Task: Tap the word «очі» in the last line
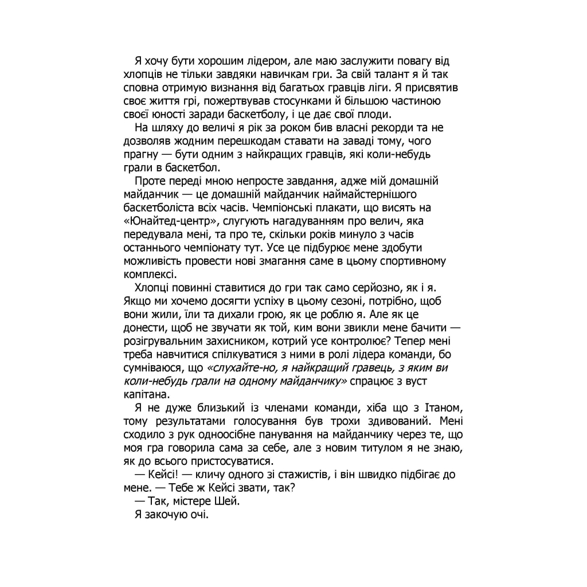(196, 515)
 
